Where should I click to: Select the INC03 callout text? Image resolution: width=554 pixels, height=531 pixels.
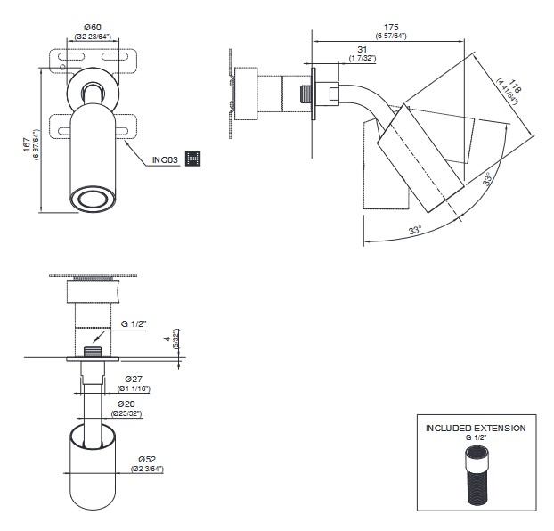point(166,159)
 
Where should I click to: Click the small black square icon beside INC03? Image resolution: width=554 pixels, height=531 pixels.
point(193,159)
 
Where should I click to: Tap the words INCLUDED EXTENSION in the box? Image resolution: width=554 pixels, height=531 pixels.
point(475,429)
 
